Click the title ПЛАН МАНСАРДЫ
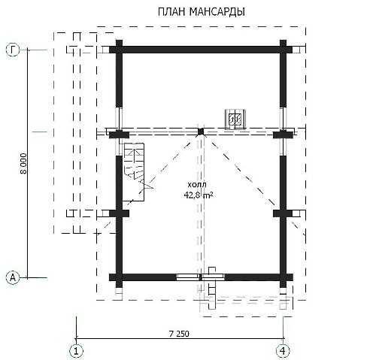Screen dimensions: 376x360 [x=202, y=12]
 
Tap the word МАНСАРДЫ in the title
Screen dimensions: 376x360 [x=217, y=12]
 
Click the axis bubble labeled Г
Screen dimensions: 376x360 [x=13, y=50]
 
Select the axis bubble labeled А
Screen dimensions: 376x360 [x=13, y=277]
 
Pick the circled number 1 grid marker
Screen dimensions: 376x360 [x=76, y=351]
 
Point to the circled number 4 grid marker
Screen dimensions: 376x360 [x=283, y=351]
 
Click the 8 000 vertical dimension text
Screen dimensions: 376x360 [x=23, y=164]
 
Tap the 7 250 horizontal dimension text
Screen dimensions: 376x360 [x=179, y=334]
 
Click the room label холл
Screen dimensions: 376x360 [x=197, y=185]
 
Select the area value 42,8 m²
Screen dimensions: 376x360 [x=199, y=195]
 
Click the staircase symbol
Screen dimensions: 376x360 [x=134, y=172]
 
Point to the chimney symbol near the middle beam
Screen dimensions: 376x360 [x=235, y=119]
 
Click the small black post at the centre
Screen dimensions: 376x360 [x=201, y=132]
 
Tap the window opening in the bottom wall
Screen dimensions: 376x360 [x=201, y=277]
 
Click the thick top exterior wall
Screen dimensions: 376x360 [x=201, y=50]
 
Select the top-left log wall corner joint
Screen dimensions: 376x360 [x=119, y=50]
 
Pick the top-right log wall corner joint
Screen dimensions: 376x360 [x=283, y=50]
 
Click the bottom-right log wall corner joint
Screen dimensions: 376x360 [x=283, y=277]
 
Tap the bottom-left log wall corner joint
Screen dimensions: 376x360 [x=119, y=277]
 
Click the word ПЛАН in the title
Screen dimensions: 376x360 [x=171, y=12]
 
